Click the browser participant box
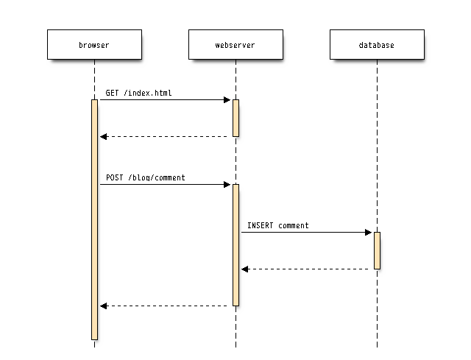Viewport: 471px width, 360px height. [x=94, y=45]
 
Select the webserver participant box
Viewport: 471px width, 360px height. [x=235, y=45]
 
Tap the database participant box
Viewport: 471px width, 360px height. [x=377, y=45]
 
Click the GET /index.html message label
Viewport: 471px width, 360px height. [x=139, y=93]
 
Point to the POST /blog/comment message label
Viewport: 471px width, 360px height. [x=146, y=177]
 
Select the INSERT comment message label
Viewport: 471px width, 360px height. [x=278, y=225]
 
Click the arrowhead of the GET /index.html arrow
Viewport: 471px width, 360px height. [x=227, y=99]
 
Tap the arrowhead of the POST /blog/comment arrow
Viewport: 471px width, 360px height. [x=227, y=184]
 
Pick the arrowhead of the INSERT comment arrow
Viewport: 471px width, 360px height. [x=369, y=232]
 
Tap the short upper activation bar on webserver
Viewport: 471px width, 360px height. [x=235, y=118]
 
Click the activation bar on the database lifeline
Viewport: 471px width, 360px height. [x=377, y=250]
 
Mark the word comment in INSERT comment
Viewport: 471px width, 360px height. [x=294, y=225]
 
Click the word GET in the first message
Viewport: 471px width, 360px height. [x=112, y=93]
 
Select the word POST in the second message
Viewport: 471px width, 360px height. [x=115, y=177]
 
